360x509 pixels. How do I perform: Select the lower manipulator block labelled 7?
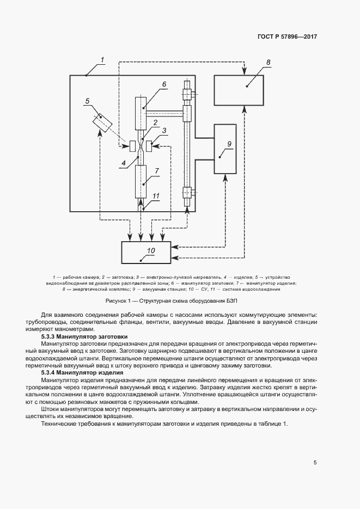click(x=141, y=181)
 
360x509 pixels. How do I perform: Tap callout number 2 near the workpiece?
click(x=155, y=122)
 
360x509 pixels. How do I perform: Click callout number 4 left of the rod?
click(x=124, y=161)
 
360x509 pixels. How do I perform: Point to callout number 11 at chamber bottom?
click(x=155, y=196)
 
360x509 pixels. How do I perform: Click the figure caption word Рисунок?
click(x=116, y=301)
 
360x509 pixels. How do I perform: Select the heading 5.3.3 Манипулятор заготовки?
click(x=83, y=336)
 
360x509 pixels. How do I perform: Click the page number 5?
click(x=315, y=463)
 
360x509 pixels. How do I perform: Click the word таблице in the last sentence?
click(x=266, y=424)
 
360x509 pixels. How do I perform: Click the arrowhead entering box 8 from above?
click(x=245, y=72)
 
